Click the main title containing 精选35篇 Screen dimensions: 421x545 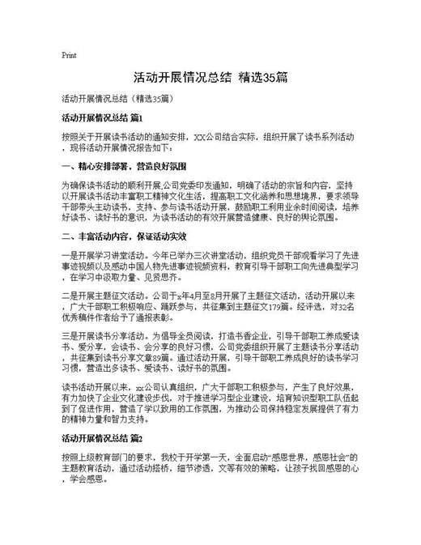[210, 79]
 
